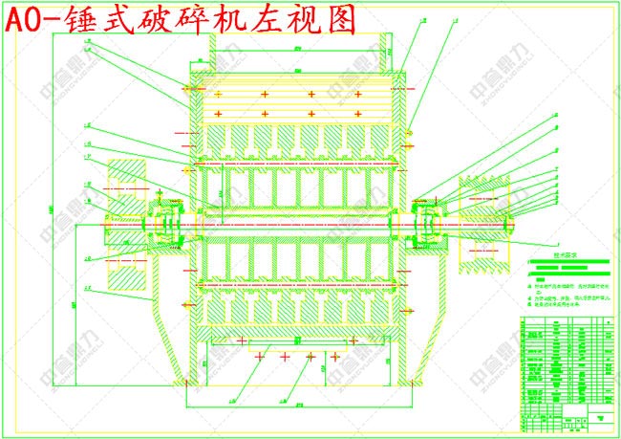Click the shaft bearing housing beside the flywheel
[163, 226]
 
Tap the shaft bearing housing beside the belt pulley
[429, 226]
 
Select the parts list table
[564, 368]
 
